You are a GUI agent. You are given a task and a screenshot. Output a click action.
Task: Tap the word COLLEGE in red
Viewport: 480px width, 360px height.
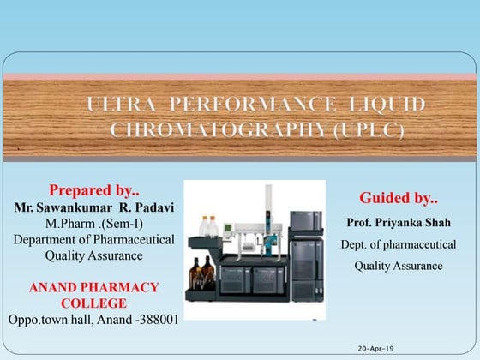pos(94,303)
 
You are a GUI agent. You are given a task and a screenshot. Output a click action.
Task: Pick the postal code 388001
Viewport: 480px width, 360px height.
pos(153,320)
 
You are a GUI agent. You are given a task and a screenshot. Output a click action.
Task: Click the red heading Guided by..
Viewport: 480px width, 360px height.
pos(399,198)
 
